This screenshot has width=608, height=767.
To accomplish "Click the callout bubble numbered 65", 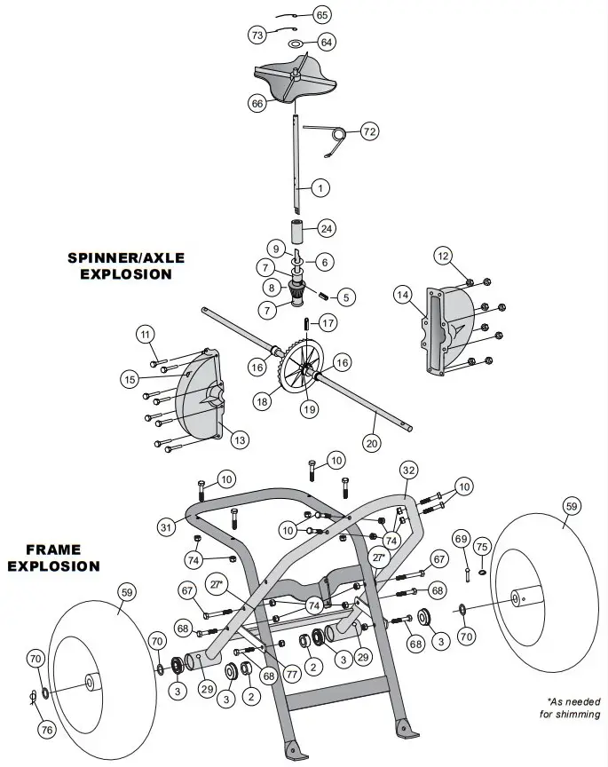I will [x=322, y=15].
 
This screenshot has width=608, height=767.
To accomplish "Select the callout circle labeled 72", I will [x=369, y=132].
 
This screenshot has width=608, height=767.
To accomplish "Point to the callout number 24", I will [x=327, y=228].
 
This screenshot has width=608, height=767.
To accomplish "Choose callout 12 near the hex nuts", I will [x=443, y=256].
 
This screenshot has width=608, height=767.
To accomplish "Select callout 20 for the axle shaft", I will [x=372, y=441].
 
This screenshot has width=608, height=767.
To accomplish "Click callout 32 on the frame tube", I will [x=407, y=469].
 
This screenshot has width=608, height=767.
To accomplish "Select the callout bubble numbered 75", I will [x=482, y=546].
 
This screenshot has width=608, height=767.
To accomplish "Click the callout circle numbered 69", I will [x=460, y=539].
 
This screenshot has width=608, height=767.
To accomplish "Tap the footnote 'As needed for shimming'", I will [x=569, y=708].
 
